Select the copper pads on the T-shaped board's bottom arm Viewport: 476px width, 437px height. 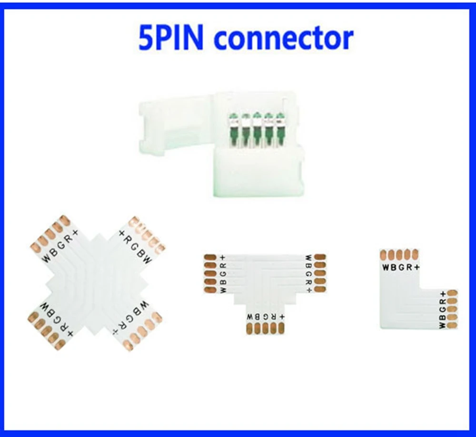[266, 329]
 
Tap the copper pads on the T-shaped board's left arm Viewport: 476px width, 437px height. [209, 273]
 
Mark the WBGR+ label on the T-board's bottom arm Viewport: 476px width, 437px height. [266, 317]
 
